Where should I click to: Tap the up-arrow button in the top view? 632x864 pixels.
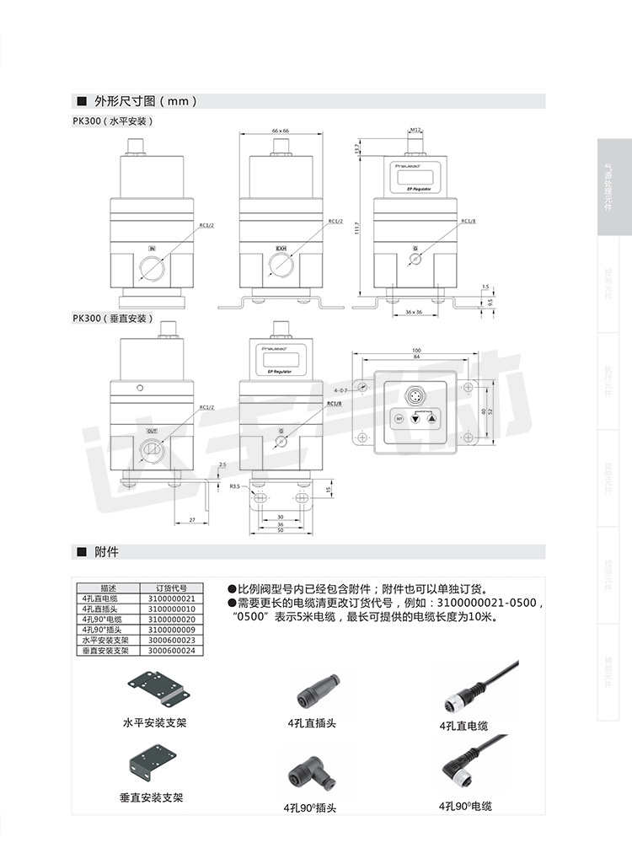pyautogui.click(x=431, y=417)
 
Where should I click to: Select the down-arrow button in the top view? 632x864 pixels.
pyautogui.click(x=415, y=417)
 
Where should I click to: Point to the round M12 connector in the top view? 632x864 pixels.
pyautogui.click(x=415, y=394)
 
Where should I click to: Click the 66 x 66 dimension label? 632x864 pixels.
pyautogui.click(x=280, y=131)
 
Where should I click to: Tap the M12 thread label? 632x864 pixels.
pyautogui.click(x=415, y=130)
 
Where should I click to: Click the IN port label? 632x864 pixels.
pyautogui.click(x=152, y=249)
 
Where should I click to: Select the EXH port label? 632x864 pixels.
pyautogui.click(x=281, y=249)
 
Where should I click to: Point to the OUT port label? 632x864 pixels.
pyautogui.click(x=152, y=431)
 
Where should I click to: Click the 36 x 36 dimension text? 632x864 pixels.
pyautogui.click(x=412, y=312)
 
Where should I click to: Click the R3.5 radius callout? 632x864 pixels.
pyautogui.click(x=233, y=486)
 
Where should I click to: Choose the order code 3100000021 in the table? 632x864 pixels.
pyautogui.click(x=171, y=598)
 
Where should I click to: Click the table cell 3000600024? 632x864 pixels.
pyautogui.click(x=171, y=651)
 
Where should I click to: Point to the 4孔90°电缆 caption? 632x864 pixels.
pyautogui.click(x=465, y=806)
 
